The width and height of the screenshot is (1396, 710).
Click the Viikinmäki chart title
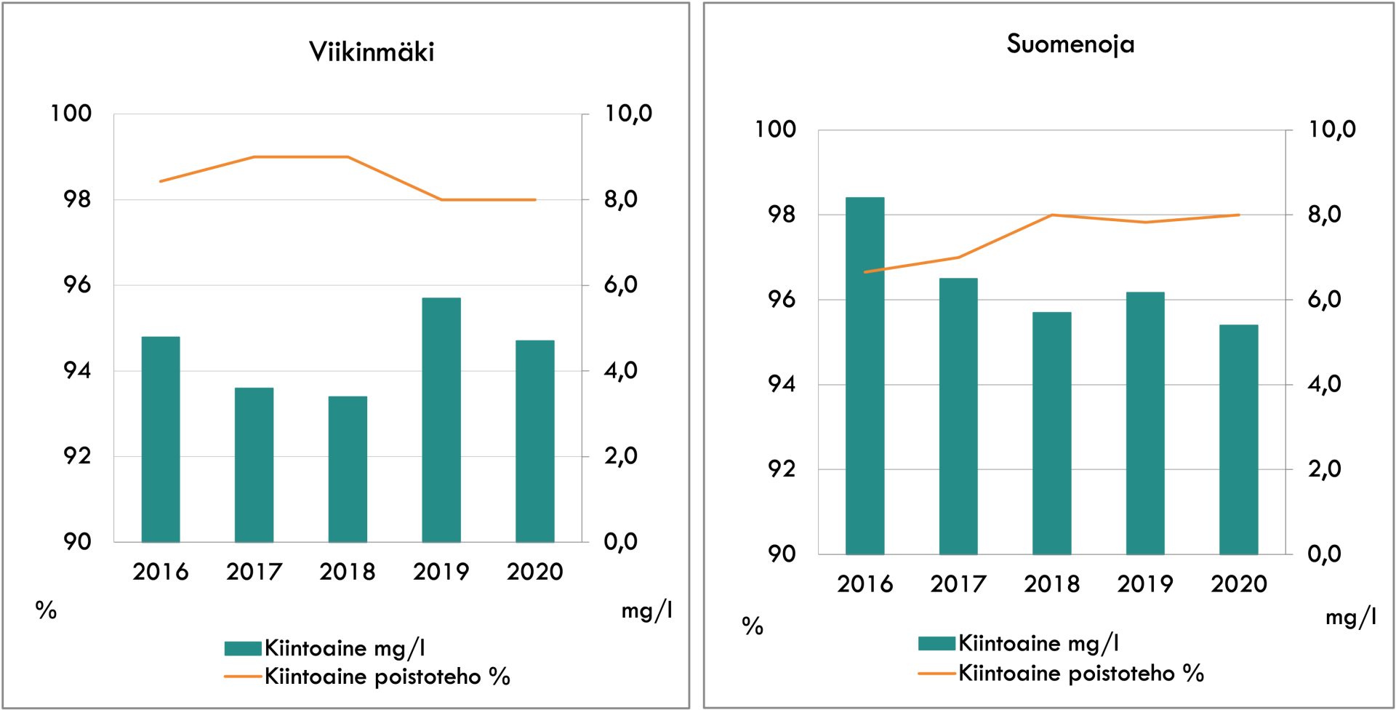pos(372,52)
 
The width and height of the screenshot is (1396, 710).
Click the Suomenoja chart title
pos(1070,44)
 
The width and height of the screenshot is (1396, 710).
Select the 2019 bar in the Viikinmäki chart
pos(441,420)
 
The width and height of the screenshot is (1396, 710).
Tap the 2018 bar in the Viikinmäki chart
pos(348,469)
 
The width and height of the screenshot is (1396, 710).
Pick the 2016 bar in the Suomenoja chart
pos(865,375)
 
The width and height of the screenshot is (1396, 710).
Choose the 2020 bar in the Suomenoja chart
pos(1239,439)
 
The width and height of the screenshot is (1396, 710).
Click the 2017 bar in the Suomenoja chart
pos(958,416)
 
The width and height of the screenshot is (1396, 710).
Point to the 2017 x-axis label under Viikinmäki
pos(254,572)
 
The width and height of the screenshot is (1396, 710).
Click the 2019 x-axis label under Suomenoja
pos(1145,584)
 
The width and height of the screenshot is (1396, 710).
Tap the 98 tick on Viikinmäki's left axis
pos(77,199)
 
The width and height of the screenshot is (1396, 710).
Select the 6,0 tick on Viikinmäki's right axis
pos(620,285)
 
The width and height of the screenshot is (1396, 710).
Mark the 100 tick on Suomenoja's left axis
pos(775,129)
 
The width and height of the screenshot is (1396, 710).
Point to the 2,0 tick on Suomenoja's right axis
pos(1324,469)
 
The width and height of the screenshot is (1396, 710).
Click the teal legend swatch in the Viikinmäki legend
pos(243,648)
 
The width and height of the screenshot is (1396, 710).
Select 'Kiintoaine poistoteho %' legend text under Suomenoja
pos(1081,673)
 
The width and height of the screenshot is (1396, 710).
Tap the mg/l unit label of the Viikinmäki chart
pos(646,610)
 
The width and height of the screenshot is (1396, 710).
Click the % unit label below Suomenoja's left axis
pos(753,626)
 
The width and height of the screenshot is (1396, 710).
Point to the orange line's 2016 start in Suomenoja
pos(865,272)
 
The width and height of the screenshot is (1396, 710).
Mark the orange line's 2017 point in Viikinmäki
pos(254,156)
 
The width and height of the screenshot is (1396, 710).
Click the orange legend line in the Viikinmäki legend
pos(243,677)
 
